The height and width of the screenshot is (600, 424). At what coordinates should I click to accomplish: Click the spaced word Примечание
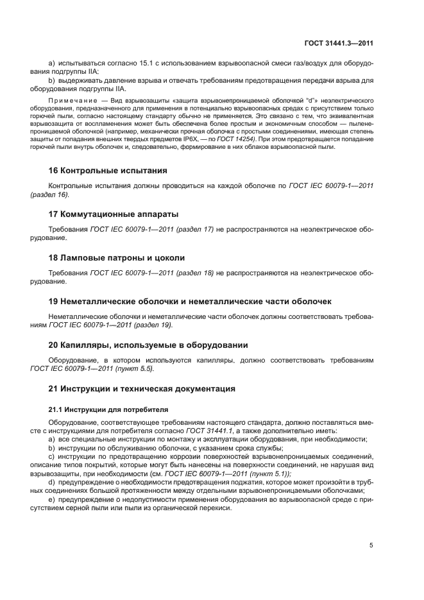[72, 102]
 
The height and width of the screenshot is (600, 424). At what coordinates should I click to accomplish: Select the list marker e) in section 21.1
[52, 498]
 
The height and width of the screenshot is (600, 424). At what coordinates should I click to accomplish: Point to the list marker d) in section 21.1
[52, 481]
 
